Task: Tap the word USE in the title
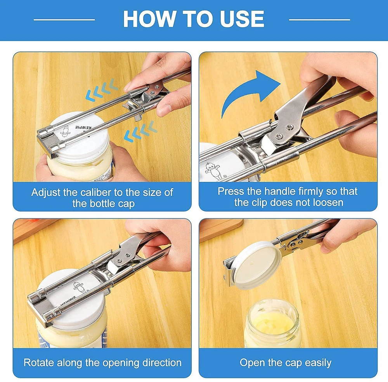point(240,19)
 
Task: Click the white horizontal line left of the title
point(64,19)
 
